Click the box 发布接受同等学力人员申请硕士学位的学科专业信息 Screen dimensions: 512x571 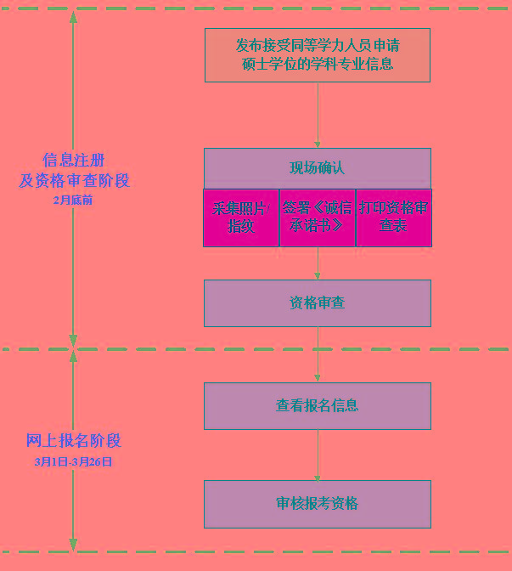pyautogui.click(x=318, y=55)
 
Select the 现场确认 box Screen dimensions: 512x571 pyautogui.click(x=318, y=168)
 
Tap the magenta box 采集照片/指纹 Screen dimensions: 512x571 pyautogui.click(x=241, y=218)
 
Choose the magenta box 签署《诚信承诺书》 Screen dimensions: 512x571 pyautogui.click(x=318, y=218)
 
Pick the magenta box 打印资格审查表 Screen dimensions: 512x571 pyautogui.click(x=394, y=218)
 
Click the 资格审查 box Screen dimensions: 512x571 pyautogui.click(x=318, y=303)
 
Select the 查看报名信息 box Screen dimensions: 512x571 pyautogui.click(x=318, y=406)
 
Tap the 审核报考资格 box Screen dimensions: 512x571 pyautogui.click(x=318, y=504)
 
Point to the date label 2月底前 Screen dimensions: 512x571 pyautogui.click(x=73, y=200)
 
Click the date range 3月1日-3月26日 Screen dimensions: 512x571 pyautogui.click(x=73, y=461)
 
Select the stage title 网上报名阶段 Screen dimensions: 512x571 pyautogui.click(x=74, y=441)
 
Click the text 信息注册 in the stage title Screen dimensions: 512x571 pyautogui.click(x=74, y=161)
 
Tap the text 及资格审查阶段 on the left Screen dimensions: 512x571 pyautogui.click(x=74, y=181)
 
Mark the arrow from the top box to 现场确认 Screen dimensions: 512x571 pyautogui.click(x=318, y=115)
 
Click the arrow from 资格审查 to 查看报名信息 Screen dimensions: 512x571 pyautogui.click(x=318, y=354)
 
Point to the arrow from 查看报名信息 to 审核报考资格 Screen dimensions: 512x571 pyautogui.click(x=318, y=455)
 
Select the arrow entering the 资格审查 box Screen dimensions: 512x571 pyautogui.click(x=318, y=263)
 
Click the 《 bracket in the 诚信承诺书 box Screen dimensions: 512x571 pyautogui.click(x=318, y=208)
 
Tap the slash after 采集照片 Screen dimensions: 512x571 pyautogui.click(x=267, y=209)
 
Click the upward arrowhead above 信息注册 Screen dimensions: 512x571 pyautogui.click(x=73, y=18)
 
